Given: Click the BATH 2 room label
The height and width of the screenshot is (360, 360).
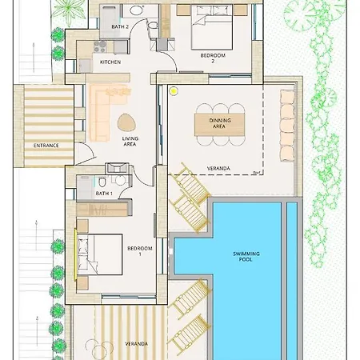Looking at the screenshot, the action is pos(120,26).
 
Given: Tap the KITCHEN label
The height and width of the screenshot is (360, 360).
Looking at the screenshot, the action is pos(110,62).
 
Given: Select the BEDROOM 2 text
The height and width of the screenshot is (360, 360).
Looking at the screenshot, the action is pos(213,58).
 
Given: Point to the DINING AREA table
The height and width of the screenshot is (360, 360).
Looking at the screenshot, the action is pos(219,125).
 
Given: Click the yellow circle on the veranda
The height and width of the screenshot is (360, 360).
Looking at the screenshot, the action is pos(174,91).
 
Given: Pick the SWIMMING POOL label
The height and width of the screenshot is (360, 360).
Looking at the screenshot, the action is pos(246,256).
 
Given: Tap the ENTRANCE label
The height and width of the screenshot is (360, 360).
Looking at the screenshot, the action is pos(46,146).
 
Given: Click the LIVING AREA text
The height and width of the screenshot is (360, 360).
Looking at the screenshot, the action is pos(130,142).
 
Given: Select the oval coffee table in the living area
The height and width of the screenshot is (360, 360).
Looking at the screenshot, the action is pos(126,122).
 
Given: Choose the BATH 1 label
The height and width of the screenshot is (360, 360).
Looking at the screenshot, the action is pos(104,194).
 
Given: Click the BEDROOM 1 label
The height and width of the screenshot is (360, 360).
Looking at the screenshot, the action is pos(140,251).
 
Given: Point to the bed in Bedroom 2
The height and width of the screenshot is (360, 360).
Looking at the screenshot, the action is pos(212,27).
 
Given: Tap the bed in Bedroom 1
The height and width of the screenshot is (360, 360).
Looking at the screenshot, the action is pos(100,254).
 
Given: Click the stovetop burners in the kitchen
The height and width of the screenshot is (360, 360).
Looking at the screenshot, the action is pos(100,46).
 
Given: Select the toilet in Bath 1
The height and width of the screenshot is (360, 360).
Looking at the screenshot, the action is pos(102,182).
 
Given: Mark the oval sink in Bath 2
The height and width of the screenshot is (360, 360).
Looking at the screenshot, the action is pos(136,10).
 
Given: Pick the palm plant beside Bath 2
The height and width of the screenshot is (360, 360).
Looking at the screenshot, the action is pos(69,12).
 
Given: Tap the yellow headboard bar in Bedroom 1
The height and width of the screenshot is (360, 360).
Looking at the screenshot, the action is pos(75,254).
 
